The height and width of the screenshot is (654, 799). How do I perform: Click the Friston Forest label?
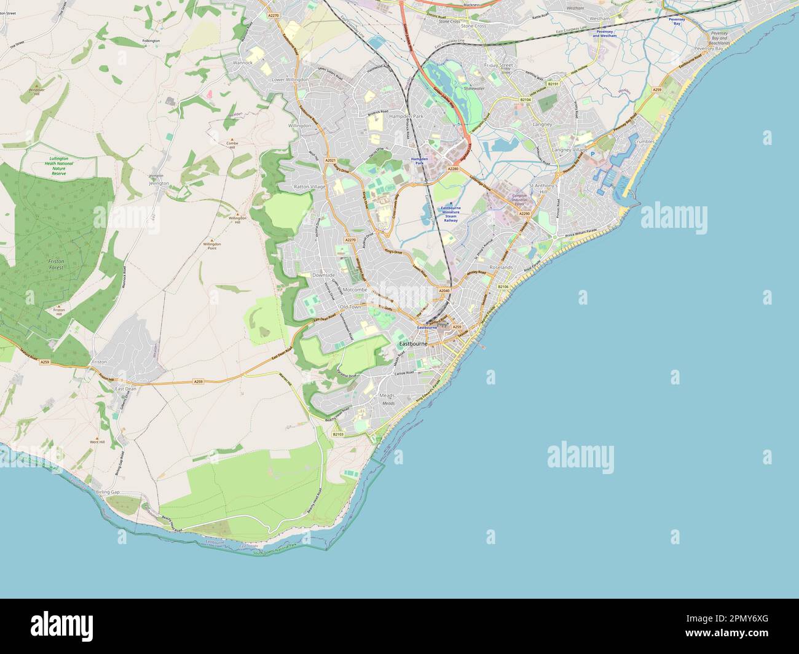56,264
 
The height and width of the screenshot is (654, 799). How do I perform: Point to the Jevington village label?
159,183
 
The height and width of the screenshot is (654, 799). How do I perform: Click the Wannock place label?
243,63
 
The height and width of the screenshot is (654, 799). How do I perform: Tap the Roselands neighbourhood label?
501,268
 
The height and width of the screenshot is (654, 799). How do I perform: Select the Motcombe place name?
355,289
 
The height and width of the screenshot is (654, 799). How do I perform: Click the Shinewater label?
474,88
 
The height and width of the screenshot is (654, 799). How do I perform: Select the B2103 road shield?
338,434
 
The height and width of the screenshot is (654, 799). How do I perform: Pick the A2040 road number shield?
444,290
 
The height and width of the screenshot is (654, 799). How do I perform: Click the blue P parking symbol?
593,155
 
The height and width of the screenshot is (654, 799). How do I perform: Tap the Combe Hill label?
232,146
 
